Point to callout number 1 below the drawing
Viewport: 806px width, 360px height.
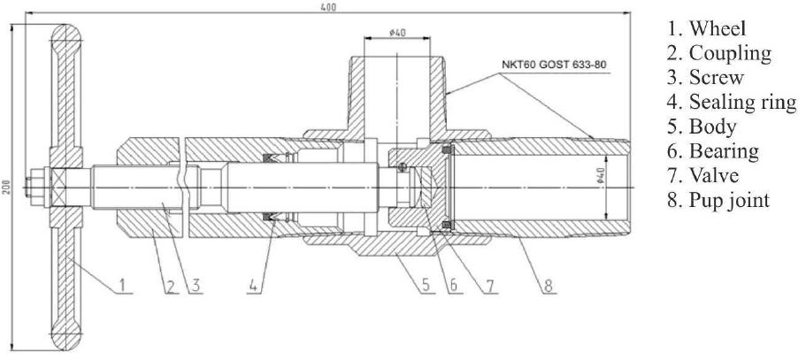point(122,284)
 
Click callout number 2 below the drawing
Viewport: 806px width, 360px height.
point(171,285)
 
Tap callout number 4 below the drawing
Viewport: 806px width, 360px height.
point(252,285)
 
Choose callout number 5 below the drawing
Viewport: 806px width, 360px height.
point(426,285)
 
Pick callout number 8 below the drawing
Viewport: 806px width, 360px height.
point(549,285)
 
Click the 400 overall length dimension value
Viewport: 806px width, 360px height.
point(328,7)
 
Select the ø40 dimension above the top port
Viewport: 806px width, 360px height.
point(398,33)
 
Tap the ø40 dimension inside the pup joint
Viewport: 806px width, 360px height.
point(601,176)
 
